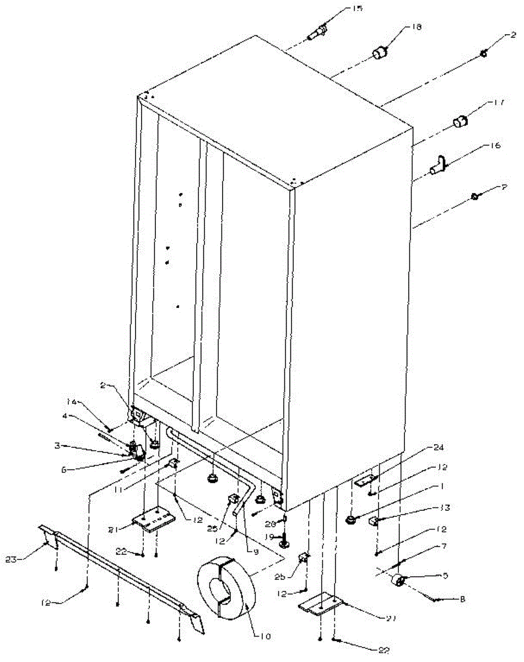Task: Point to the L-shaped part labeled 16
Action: click(x=437, y=166)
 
